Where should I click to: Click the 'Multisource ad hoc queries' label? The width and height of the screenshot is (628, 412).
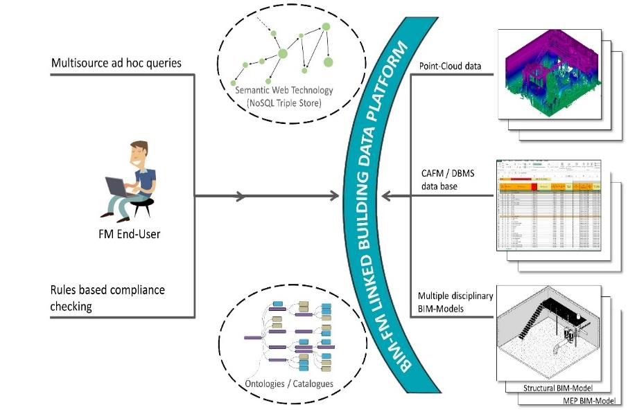pos(116,63)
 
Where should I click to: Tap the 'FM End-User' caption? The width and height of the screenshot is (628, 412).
pos(130,234)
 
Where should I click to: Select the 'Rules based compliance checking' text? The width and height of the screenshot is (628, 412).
pos(107,298)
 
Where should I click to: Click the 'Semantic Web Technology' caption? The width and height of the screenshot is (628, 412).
pos(284,90)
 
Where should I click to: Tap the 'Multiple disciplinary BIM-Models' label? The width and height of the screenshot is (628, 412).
pos(456,302)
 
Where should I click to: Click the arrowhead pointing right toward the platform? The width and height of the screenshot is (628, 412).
pos(240,197)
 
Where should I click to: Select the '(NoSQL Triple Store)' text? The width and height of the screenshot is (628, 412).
pos(284,103)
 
